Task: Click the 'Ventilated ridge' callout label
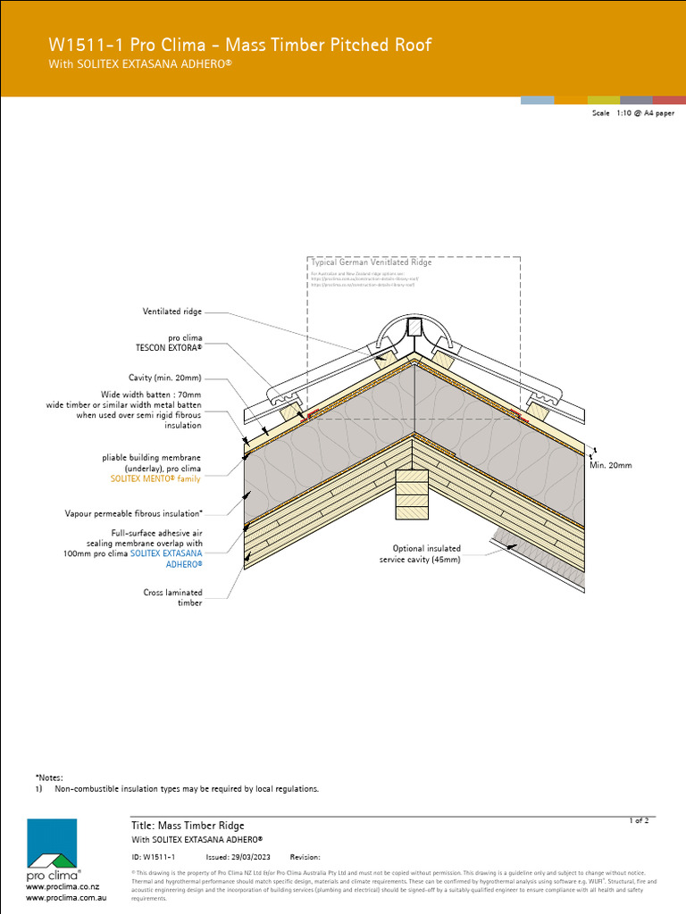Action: click(x=172, y=312)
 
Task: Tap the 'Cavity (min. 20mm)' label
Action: click(x=165, y=378)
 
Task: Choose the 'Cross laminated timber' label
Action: click(x=172, y=597)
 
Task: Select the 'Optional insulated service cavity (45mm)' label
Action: click(x=420, y=554)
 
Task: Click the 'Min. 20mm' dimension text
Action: click(x=610, y=465)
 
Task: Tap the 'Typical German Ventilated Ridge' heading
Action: click(x=371, y=262)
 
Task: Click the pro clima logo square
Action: click(x=51, y=843)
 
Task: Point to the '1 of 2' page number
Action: click(x=639, y=819)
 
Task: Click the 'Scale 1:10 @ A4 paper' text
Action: click(x=632, y=114)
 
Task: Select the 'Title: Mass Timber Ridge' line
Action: click(x=188, y=826)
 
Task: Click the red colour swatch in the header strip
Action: click(x=669, y=100)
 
